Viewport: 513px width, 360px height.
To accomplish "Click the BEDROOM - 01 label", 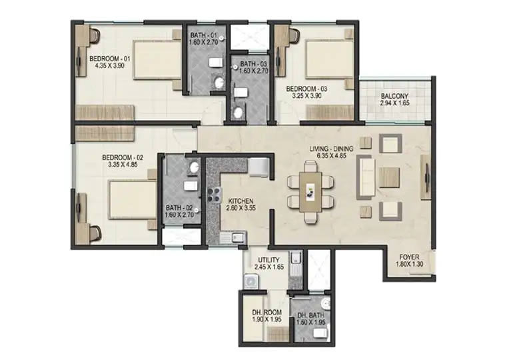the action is [110, 59].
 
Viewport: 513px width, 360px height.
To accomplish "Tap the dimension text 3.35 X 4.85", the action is [123, 165].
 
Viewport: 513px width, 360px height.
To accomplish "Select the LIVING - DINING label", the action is [331, 149].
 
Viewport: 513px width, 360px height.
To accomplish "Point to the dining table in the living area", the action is [310, 192].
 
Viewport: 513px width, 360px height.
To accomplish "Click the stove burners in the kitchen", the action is [213, 195].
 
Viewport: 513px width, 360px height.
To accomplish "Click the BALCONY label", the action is [394, 96].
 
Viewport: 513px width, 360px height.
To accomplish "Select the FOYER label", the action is [409, 257].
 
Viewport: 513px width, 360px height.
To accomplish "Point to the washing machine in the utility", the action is [251, 281].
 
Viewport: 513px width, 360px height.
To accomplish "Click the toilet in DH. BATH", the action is [320, 333].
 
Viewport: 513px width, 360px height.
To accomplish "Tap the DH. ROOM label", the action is [266, 313].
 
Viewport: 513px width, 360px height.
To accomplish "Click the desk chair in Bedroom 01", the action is [94, 36].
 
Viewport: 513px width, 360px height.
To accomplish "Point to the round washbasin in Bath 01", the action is [219, 83].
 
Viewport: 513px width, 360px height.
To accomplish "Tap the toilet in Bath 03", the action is [241, 92].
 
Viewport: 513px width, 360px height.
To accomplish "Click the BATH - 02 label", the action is [179, 208].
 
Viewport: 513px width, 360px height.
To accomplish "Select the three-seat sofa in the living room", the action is [366, 176].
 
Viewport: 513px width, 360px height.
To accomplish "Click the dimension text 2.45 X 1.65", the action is [269, 267].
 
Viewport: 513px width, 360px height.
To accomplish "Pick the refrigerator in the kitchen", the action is [258, 167].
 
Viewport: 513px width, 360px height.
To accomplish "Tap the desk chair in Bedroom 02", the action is [95, 233].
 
